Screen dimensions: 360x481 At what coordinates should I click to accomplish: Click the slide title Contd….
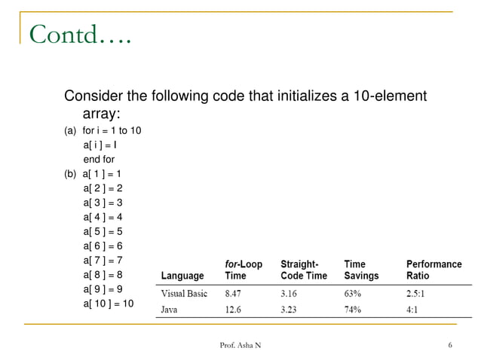point(80,35)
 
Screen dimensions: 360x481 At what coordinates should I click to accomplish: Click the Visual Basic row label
point(184,294)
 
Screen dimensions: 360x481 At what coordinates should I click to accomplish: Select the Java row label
point(171,310)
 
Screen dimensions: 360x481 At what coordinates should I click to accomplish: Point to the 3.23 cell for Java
point(291,310)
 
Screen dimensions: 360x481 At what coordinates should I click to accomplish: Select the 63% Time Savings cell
point(353,294)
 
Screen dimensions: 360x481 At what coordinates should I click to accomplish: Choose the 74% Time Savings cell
point(353,310)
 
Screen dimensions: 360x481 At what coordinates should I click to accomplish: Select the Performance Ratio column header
point(434,270)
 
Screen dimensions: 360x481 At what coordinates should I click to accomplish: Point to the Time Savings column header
point(361,270)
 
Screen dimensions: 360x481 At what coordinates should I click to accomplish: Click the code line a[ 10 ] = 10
point(109,304)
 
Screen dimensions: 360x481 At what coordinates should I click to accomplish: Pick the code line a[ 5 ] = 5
point(103,232)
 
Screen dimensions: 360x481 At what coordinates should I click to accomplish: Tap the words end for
point(99,160)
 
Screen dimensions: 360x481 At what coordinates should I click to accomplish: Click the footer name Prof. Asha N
point(241,345)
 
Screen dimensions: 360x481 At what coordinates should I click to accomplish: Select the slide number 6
point(449,345)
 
